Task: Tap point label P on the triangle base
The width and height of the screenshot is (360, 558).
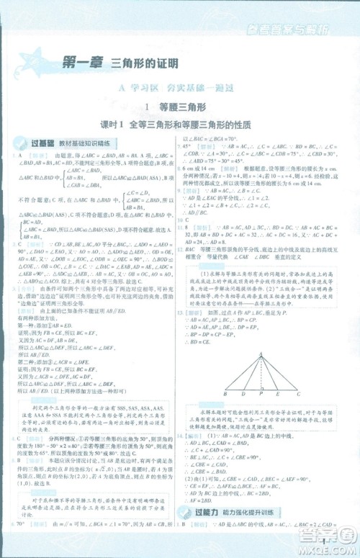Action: (261, 395)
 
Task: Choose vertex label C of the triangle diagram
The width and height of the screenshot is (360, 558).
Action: (299, 395)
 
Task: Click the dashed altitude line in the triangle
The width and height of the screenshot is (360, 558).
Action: (261, 374)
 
